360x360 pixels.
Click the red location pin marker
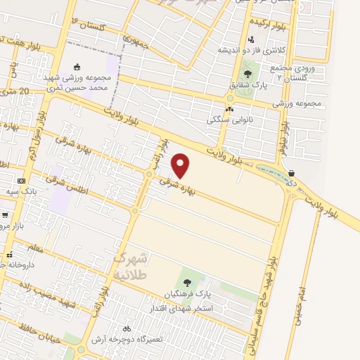[181, 165]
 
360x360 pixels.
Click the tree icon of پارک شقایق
[247, 73]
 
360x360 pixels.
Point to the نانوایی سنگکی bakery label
[229, 120]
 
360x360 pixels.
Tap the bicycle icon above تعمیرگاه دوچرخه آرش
[127, 328]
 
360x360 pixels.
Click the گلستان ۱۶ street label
[88, 25]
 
